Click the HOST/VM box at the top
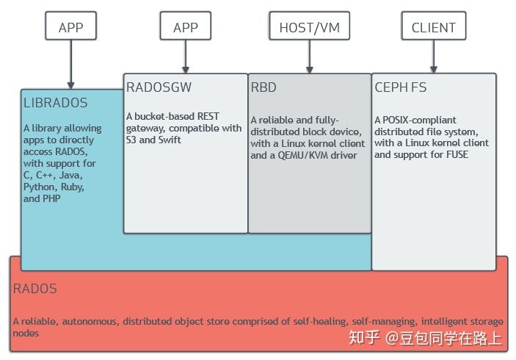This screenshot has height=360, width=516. [x=309, y=28]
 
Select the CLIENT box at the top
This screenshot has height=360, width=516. [x=433, y=28]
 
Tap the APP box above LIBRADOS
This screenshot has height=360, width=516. [x=71, y=28]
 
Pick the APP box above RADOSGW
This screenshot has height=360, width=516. [x=186, y=28]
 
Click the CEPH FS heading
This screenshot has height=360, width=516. [x=401, y=87]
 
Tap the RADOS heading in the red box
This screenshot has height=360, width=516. [x=34, y=289]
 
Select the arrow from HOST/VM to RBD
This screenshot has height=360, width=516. [x=309, y=57]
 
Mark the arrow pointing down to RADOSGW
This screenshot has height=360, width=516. [x=186, y=57]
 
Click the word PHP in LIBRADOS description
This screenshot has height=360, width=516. [x=52, y=198]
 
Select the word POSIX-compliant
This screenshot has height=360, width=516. [x=420, y=120]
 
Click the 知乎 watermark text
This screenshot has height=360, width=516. [x=365, y=338]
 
